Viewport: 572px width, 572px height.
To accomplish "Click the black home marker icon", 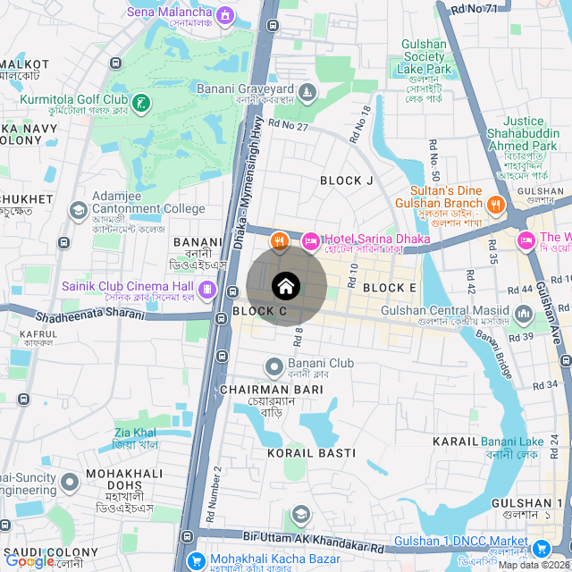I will click(286, 286).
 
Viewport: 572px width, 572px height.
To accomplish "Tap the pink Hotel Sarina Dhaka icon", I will click(311, 240).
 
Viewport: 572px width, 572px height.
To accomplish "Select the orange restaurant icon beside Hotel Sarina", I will click(280, 240).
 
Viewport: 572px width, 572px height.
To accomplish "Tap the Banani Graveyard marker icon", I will click(307, 92).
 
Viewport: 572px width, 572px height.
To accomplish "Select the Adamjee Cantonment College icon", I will click(79, 209).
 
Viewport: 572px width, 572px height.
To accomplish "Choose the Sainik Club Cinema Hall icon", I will click(206, 288).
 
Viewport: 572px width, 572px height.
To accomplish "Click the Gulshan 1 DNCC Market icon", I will click(540, 548).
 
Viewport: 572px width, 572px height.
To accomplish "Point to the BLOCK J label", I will click(347, 181).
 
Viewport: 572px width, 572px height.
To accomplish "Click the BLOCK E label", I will click(390, 288).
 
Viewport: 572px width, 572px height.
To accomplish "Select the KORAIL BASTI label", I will click(311, 453).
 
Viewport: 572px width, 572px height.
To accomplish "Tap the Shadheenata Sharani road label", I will click(89, 315).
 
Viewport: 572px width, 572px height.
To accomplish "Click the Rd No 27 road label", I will click(288, 128).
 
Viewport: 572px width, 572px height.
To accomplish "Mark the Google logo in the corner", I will click(29, 561).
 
